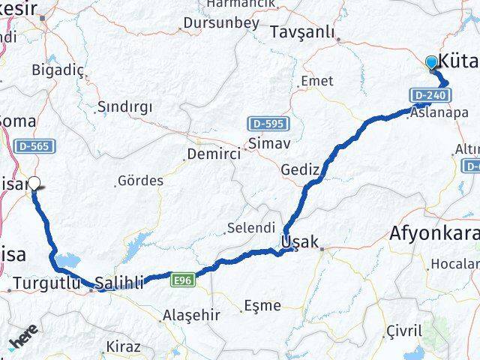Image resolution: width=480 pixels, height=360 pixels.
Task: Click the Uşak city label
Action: tap(300, 242)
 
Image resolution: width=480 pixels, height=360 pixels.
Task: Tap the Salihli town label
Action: tap(118, 283)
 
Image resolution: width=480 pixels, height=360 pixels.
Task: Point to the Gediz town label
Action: tap(300, 169)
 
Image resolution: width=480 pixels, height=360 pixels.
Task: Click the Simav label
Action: tap(263, 142)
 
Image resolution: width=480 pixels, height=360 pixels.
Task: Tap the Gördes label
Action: tap(141, 181)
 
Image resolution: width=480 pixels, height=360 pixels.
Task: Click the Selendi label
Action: tap(252, 226)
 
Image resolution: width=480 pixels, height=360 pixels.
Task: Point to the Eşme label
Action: tap(262, 305)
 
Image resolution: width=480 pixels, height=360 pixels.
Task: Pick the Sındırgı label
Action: tap(126, 107)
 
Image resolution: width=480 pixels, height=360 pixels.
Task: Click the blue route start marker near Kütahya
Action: tap(432, 63)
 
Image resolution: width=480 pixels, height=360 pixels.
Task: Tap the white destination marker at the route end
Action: tap(34, 183)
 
